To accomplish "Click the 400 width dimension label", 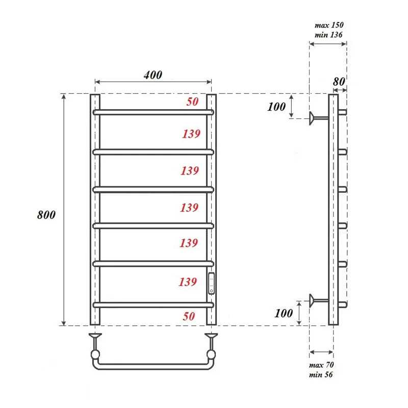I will tap(152, 75).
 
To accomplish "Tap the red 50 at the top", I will tap(192, 101).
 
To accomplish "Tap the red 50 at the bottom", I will tap(189, 316).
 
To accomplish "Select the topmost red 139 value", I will tap(191, 134).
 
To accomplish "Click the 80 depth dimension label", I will tap(339, 81).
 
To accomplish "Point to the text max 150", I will tap(329, 25).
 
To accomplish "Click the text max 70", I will tap(322, 366).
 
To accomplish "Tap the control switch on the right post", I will tap(212, 284).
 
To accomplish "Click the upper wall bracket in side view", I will tap(318, 118).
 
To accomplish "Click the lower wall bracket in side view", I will tap(318, 300).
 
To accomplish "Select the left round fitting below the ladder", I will tap(95, 353).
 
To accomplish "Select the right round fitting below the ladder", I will tap(211, 353).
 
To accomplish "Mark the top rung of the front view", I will tap(153, 111).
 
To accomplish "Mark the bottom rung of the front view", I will tap(153, 305).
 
